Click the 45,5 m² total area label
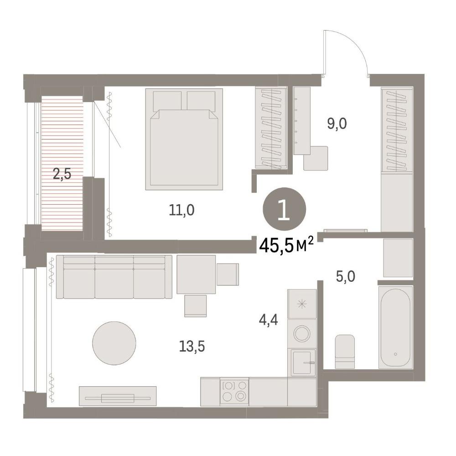(286, 246)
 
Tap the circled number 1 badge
(284, 209)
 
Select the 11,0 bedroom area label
(181, 210)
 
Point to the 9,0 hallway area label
(337, 124)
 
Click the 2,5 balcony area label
(62, 175)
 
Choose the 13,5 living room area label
(192, 346)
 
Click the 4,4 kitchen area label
(269, 320)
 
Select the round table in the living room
(114, 343)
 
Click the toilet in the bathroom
(345, 352)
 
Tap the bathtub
(395, 327)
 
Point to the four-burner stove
(234, 391)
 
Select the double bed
(184, 139)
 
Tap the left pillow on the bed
(167, 101)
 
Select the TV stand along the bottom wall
(118, 396)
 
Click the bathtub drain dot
(395, 354)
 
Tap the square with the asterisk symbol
(302, 304)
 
